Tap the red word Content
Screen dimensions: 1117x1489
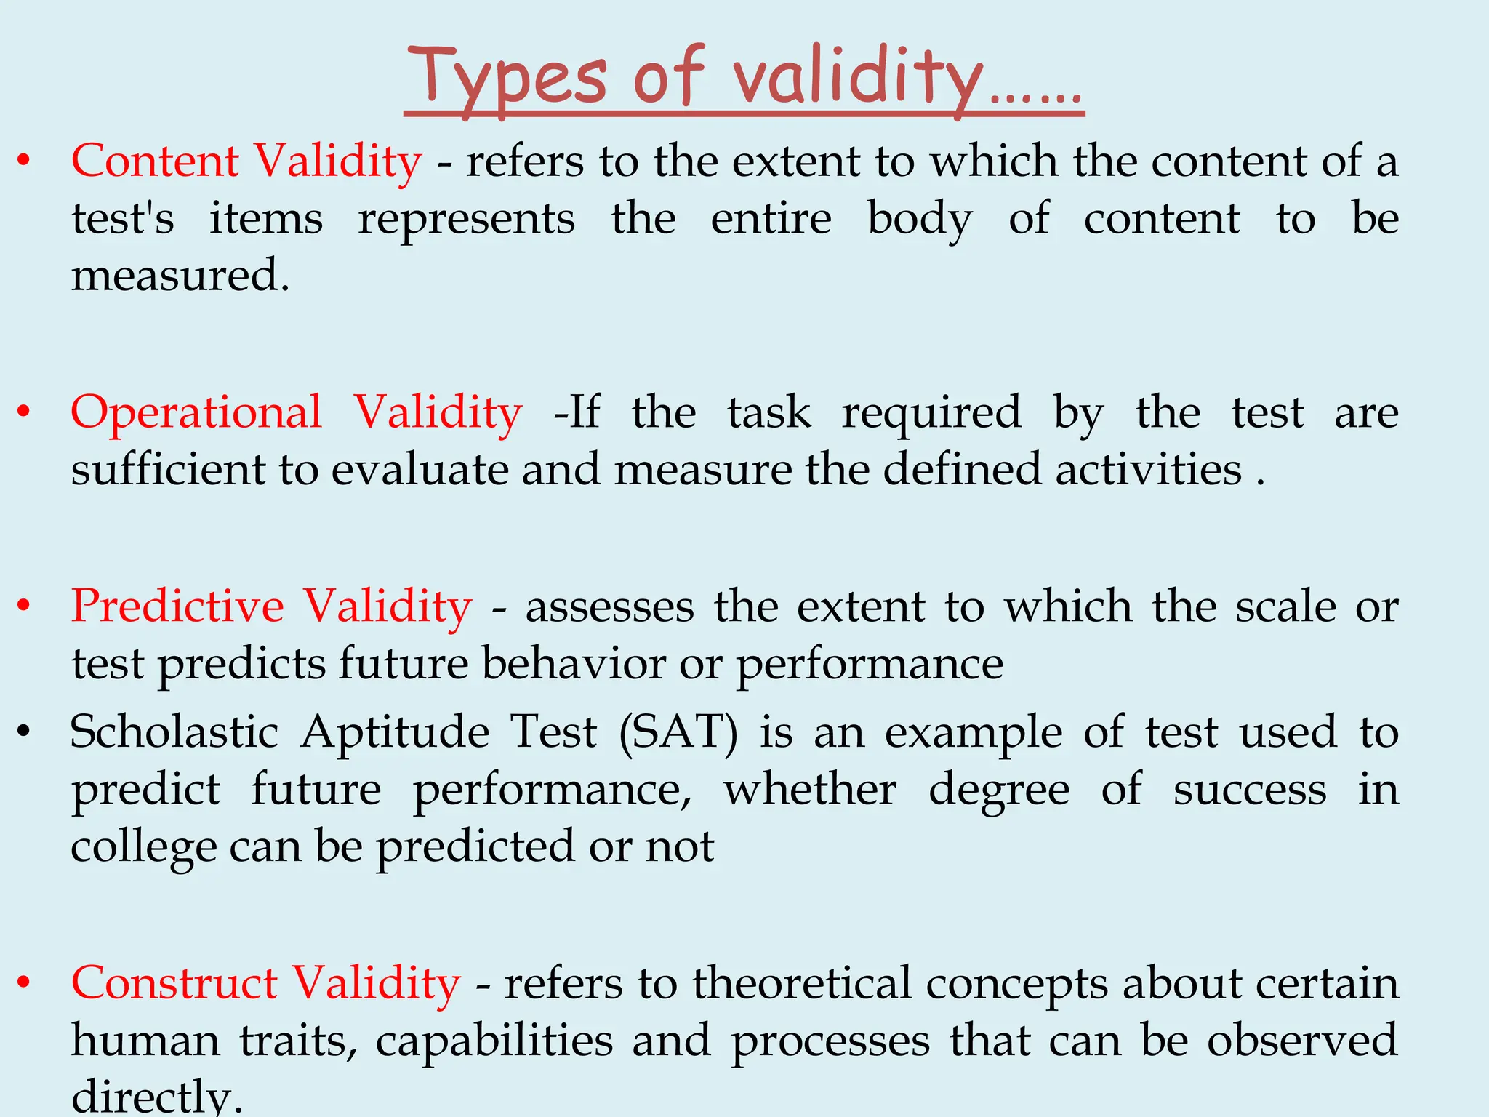click(x=155, y=161)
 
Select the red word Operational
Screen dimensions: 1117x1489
click(x=196, y=412)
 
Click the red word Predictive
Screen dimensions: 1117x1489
click(x=177, y=606)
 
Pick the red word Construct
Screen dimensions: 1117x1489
click(x=174, y=983)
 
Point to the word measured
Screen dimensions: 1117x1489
click(x=180, y=276)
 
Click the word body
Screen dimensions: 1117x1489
click(x=919, y=219)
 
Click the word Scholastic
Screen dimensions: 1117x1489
click(x=174, y=732)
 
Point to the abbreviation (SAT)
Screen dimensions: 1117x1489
click(x=678, y=732)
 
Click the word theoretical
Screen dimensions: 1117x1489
click(x=801, y=983)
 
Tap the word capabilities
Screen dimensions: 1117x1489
click(x=494, y=1041)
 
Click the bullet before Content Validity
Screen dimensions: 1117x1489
click(x=24, y=161)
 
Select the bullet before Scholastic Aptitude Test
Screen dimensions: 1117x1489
click(x=24, y=732)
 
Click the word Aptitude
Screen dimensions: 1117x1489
click(x=395, y=732)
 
